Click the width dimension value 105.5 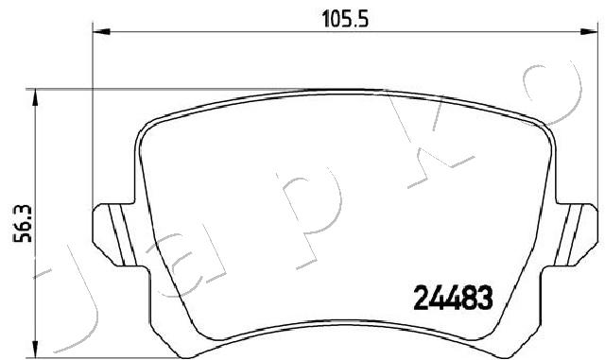(345, 19)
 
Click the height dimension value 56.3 (23, 224)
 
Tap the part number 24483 (454, 298)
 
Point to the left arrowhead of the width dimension (101, 31)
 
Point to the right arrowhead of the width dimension (589, 31)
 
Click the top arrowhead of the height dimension (36, 97)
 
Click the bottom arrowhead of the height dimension (36, 350)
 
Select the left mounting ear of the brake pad (115, 234)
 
